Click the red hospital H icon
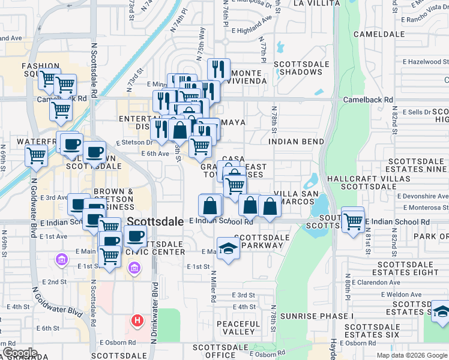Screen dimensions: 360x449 click(x=137, y=321)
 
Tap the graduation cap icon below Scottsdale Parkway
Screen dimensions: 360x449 click(x=228, y=249)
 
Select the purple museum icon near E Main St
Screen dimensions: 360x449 click(x=61, y=259)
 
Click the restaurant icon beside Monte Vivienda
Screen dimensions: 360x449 click(x=218, y=69)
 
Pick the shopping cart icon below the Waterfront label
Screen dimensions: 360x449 click(x=36, y=155)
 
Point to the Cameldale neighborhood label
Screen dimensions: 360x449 click(x=379, y=34)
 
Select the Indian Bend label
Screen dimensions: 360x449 click(x=297, y=142)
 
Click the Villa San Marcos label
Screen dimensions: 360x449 click(x=295, y=197)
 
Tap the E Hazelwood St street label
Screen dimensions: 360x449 click(x=426, y=62)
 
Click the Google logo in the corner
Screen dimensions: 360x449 click(x=20, y=353)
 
